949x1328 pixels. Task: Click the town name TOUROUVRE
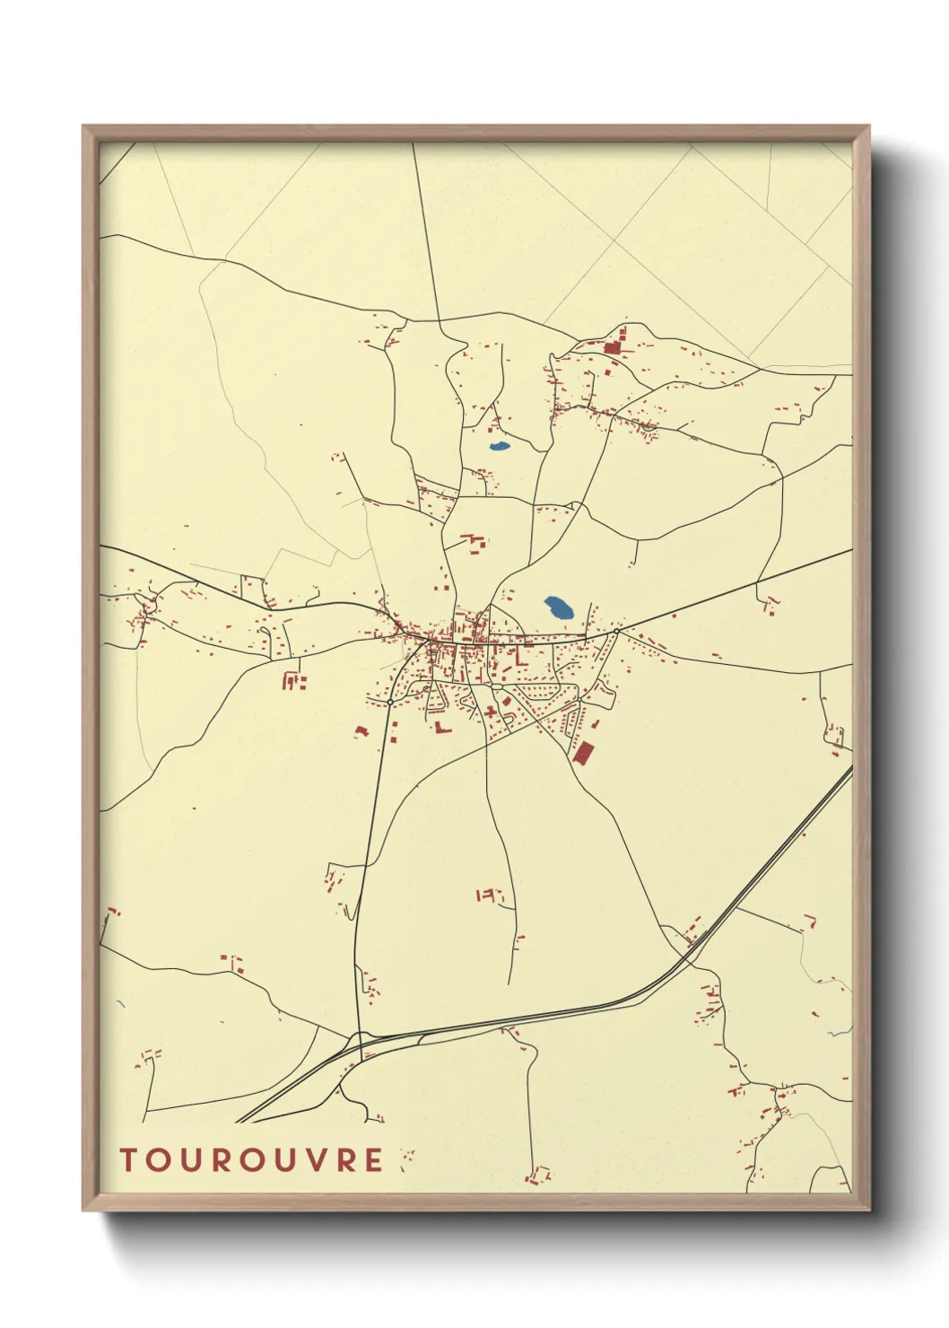(252, 1160)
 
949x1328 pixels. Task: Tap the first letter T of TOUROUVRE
(128, 1160)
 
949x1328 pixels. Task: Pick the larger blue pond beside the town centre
(561, 609)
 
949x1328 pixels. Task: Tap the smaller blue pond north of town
(499, 446)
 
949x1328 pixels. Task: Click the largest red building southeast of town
(583, 752)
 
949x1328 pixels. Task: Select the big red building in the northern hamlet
(614, 347)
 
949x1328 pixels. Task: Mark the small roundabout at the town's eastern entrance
(617, 632)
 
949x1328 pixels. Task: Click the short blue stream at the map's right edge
(840, 1032)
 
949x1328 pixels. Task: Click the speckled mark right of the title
(406, 1158)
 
